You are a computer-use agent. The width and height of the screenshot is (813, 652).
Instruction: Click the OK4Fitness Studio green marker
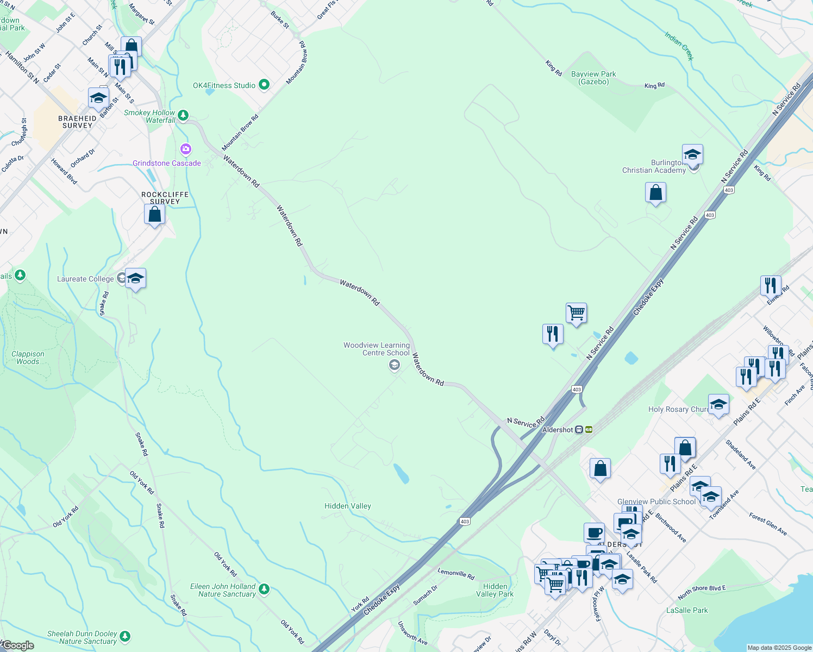(x=264, y=85)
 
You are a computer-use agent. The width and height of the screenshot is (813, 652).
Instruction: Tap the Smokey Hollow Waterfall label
(x=150, y=116)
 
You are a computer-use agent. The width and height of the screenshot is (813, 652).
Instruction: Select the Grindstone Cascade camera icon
(x=186, y=149)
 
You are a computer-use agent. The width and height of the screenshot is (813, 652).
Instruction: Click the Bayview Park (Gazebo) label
(x=593, y=78)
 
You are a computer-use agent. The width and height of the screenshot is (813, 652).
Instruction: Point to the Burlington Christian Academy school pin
(x=692, y=155)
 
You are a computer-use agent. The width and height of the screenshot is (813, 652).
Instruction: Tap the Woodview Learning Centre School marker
(x=394, y=365)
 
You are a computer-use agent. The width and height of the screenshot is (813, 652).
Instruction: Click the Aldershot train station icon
(x=579, y=430)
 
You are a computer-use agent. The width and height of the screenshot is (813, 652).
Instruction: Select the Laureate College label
(x=85, y=279)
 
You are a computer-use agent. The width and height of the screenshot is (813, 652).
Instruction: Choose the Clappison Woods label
(x=28, y=358)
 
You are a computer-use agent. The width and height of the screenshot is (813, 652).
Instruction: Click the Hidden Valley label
(x=348, y=506)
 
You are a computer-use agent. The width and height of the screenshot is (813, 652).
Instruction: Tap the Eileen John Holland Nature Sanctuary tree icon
(x=264, y=589)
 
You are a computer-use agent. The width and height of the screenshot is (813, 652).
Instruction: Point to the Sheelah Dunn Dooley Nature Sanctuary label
(x=82, y=637)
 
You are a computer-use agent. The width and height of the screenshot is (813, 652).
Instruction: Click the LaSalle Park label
(x=687, y=610)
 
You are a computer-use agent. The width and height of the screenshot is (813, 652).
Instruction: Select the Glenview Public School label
(x=656, y=501)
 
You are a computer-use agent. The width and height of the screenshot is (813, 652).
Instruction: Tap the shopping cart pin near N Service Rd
(x=576, y=314)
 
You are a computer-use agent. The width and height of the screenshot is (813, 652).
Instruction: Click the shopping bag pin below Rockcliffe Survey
(x=154, y=215)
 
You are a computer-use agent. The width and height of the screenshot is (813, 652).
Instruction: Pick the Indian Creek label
(x=679, y=46)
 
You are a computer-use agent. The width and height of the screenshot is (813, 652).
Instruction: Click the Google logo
(x=18, y=645)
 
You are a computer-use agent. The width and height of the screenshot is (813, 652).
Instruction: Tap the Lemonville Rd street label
(x=456, y=573)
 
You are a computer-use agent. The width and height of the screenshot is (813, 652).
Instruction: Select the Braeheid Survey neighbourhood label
(x=77, y=122)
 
